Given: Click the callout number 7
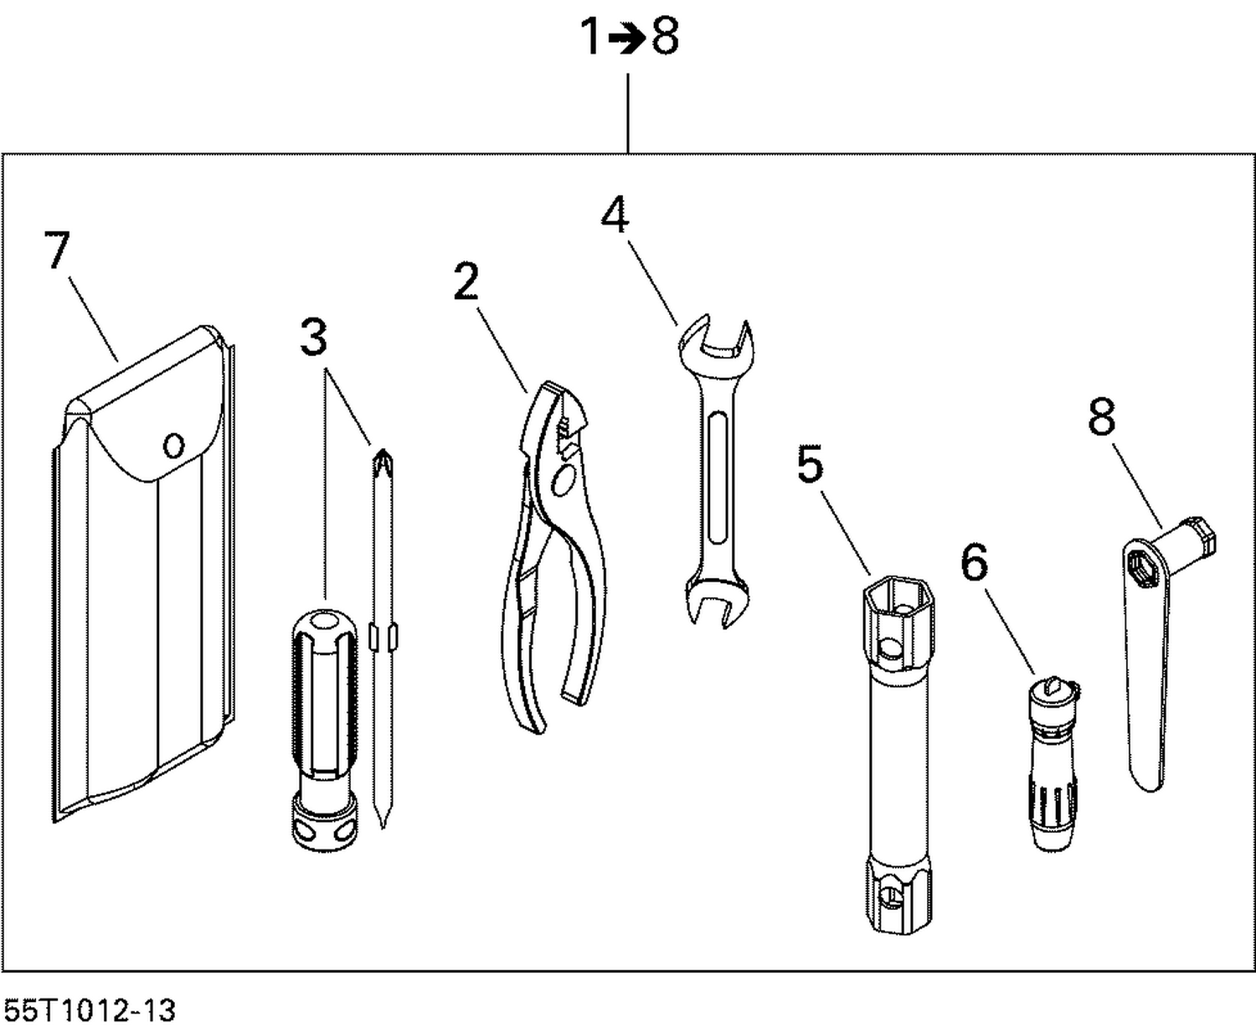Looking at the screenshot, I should pos(57,250).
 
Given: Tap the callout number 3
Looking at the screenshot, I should pos(313,337).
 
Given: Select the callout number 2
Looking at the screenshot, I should pos(466,281).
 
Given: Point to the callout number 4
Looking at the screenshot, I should pos(615,215).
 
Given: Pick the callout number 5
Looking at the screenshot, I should pos(810,464).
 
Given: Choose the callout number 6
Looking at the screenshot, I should pos(974,562).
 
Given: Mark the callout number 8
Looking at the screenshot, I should pos(1101,416).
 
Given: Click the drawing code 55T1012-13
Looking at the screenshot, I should pos(89,1010).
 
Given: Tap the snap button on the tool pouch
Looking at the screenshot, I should pos(173,444).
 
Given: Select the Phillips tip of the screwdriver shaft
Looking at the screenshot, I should pos(383,460).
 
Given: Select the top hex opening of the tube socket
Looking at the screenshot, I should pos(898,598).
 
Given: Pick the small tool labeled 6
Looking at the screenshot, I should pos(1053,762).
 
